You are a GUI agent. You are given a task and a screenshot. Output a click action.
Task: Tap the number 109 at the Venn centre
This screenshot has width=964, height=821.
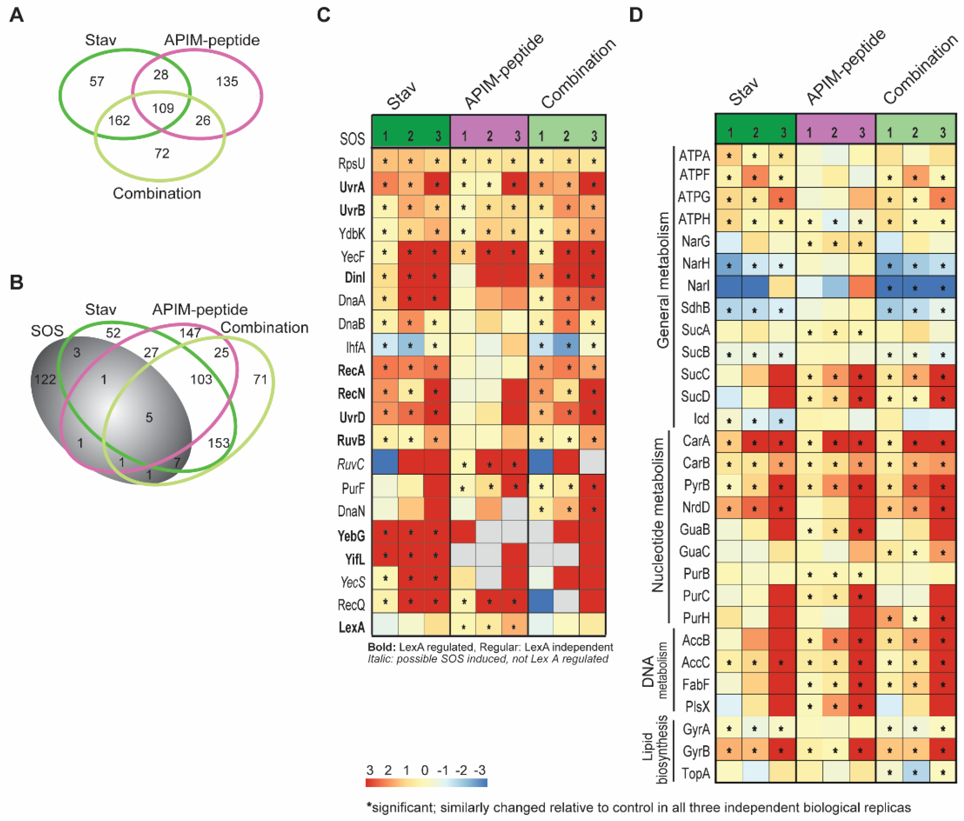(x=163, y=108)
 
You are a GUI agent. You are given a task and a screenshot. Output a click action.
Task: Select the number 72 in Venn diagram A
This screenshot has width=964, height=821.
(x=161, y=153)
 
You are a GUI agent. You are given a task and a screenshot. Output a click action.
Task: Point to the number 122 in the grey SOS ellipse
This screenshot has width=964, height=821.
(x=45, y=379)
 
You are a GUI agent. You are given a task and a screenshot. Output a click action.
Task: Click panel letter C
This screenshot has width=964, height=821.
(x=323, y=15)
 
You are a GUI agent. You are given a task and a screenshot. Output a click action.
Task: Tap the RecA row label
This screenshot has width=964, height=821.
(x=351, y=370)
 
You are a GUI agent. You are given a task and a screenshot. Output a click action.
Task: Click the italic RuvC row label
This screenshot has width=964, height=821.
(x=351, y=464)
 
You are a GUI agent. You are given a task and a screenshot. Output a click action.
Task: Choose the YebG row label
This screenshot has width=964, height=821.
(x=351, y=536)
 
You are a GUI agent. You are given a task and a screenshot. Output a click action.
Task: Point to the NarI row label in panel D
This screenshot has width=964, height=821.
(x=698, y=286)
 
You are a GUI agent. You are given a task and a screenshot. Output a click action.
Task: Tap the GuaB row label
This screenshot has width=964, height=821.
(x=695, y=529)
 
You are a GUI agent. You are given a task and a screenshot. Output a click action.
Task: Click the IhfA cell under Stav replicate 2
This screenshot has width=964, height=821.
(x=410, y=346)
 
